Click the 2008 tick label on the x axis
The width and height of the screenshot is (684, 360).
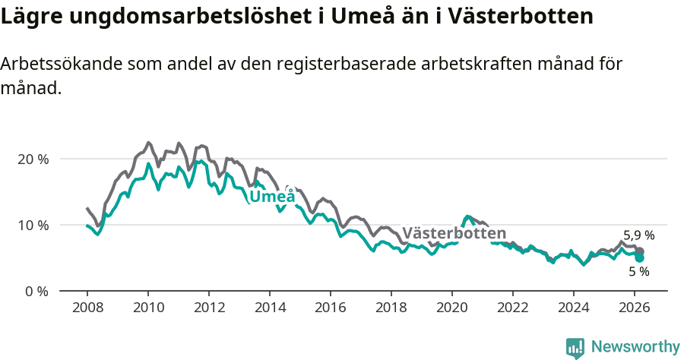click(87, 308)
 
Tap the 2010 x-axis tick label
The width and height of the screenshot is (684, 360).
click(147, 308)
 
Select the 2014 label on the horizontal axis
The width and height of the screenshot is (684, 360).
click(269, 308)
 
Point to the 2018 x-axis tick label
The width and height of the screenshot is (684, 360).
click(391, 308)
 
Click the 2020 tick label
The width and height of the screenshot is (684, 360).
click(451, 308)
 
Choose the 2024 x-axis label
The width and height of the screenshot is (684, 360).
click(573, 308)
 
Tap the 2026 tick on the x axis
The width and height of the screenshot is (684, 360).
click(634, 308)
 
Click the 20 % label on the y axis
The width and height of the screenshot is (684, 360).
click(33, 159)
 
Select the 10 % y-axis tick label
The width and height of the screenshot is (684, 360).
click(33, 226)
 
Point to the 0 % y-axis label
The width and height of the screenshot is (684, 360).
click(36, 291)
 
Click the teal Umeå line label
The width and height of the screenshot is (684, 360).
click(272, 197)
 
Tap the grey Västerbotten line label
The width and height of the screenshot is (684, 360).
click(454, 233)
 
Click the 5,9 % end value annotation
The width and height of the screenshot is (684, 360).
click(638, 235)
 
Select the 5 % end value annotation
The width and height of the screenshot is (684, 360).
click(638, 271)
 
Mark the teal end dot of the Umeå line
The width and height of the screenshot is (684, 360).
click(640, 258)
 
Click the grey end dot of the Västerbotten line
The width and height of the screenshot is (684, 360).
click(640, 251)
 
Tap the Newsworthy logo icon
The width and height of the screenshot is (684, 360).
click(575, 347)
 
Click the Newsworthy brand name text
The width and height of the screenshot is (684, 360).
click(635, 347)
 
